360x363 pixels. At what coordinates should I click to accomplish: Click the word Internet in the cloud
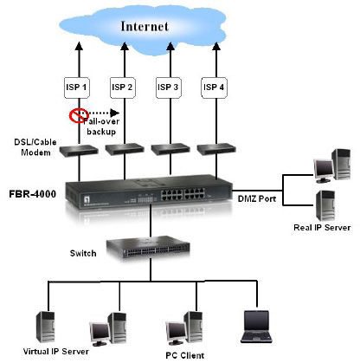(x=145, y=26)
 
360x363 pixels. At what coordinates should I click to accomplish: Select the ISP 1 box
(x=77, y=88)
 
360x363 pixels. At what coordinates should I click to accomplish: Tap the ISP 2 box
(x=123, y=88)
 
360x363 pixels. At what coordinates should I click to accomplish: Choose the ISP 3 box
(x=169, y=88)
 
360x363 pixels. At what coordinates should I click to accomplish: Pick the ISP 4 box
(x=214, y=88)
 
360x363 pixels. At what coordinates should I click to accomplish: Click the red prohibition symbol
(x=77, y=115)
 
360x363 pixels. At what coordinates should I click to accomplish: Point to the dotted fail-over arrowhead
(x=115, y=113)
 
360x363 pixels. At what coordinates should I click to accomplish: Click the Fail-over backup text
(x=101, y=126)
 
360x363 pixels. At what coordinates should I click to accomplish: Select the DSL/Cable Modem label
(x=35, y=147)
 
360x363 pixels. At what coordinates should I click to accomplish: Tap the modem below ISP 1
(x=79, y=150)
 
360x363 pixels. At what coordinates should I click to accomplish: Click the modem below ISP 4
(x=216, y=149)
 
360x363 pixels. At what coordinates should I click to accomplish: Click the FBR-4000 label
(x=33, y=194)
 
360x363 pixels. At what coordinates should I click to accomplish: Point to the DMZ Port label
(x=257, y=198)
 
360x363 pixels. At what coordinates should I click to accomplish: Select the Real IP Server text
(x=322, y=228)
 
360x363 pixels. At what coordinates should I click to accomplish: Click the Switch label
(x=83, y=253)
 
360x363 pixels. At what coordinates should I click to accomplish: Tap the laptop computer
(x=256, y=327)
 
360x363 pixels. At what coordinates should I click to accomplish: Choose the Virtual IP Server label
(x=56, y=352)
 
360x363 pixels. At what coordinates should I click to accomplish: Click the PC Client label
(x=185, y=355)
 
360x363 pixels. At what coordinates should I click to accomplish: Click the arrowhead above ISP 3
(x=170, y=46)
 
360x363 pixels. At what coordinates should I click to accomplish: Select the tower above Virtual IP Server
(x=45, y=327)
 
